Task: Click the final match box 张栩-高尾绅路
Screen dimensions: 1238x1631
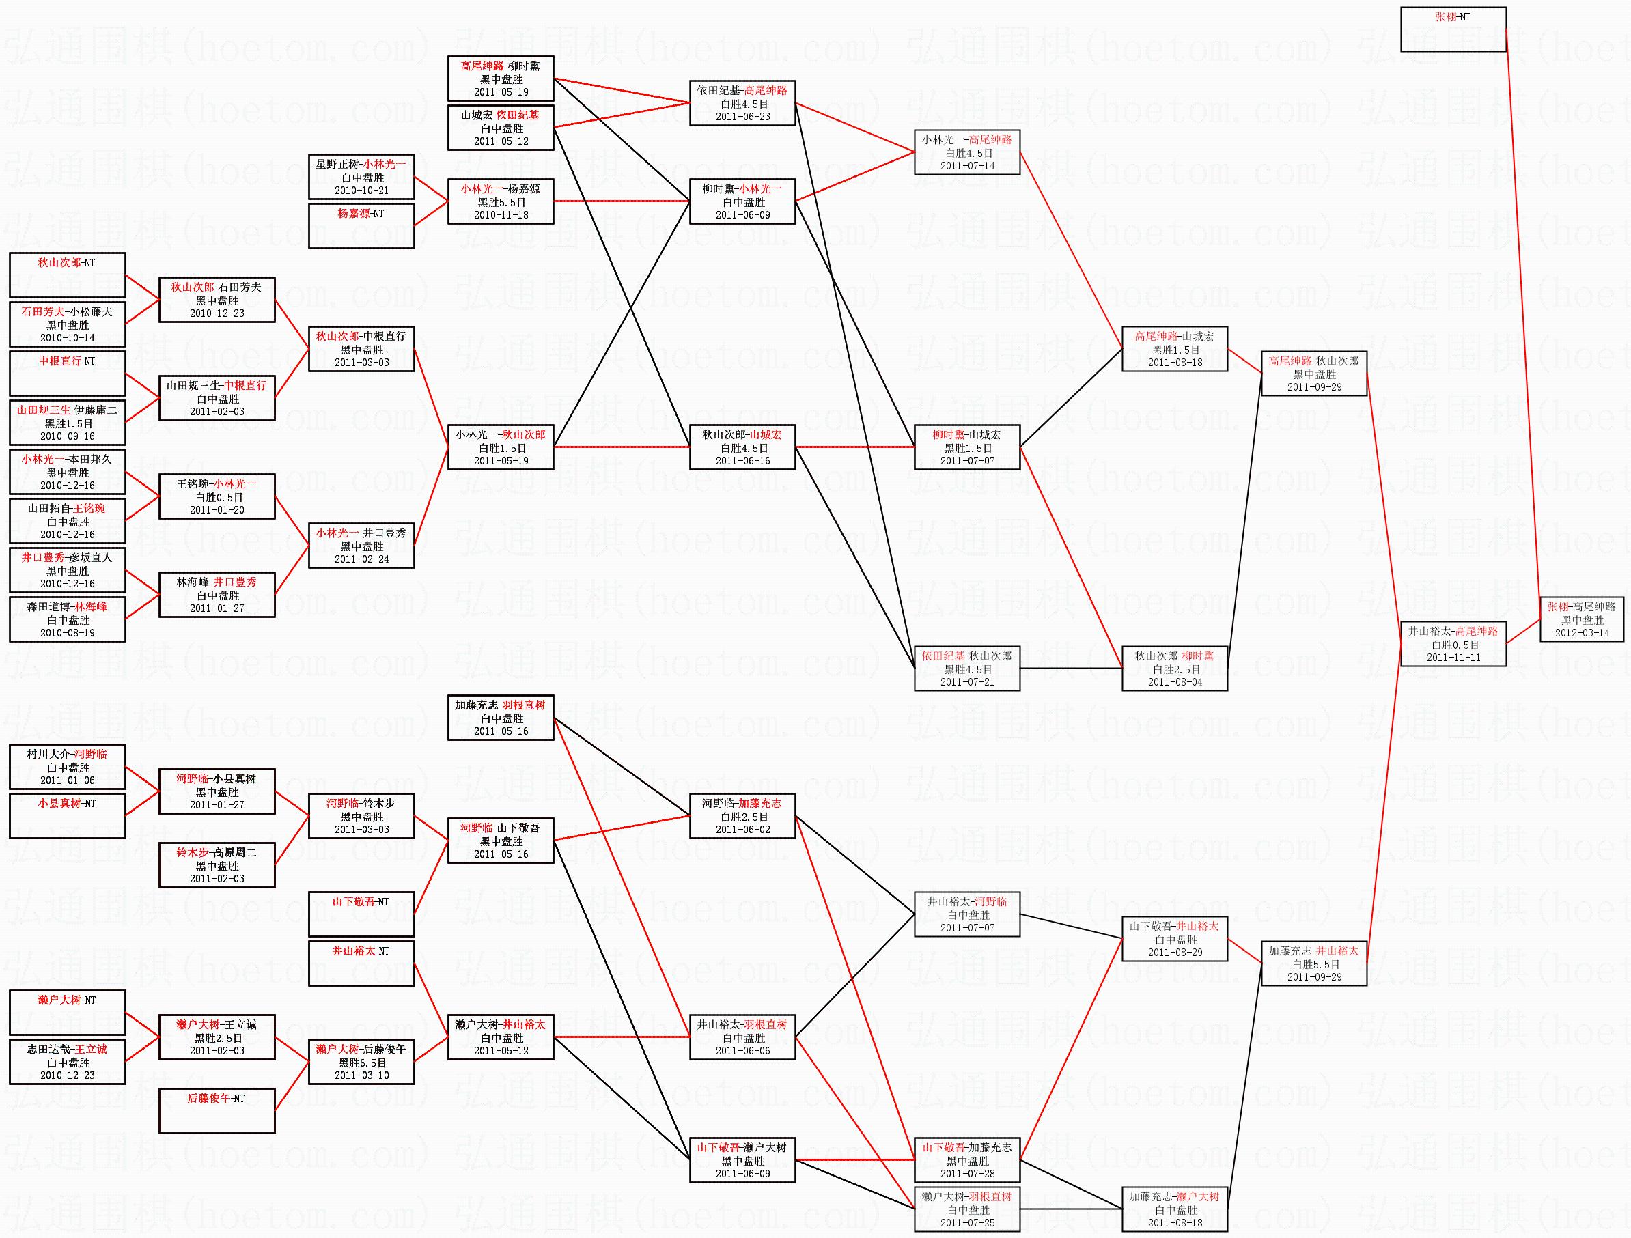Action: coord(1581,619)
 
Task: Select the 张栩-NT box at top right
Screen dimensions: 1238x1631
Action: coord(1453,29)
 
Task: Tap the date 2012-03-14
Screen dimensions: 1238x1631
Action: coord(1583,632)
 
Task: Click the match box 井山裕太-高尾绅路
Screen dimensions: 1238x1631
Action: coord(1453,644)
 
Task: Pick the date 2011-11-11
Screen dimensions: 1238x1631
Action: coord(1453,657)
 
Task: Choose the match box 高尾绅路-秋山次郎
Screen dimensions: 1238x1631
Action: coord(1314,374)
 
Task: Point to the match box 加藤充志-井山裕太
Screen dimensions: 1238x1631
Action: coord(1314,963)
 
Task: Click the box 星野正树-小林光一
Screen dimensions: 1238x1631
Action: coord(361,177)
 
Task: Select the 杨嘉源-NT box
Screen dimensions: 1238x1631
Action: coord(361,225)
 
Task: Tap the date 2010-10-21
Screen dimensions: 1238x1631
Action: coord(361,191)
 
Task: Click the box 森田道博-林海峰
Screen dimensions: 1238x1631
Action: coord(67,619)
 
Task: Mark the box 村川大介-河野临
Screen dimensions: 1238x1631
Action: coord(67,767)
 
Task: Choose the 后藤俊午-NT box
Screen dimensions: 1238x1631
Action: coord(217,1110)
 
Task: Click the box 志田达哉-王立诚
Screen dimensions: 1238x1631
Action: coord(67,1062)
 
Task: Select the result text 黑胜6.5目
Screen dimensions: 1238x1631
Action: coord(362,1063)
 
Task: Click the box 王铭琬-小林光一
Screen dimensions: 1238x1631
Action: coord(217,496)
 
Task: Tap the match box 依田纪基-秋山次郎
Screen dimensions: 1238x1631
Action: coord(966,669)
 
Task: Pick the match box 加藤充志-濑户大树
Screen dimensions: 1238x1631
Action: coord(1175,1209)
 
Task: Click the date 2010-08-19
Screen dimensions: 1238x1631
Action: coord(67,632)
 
